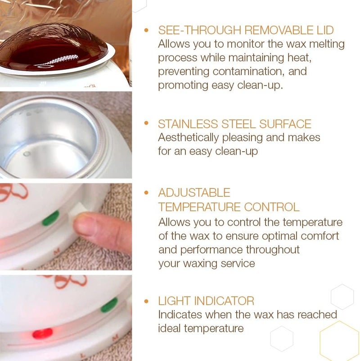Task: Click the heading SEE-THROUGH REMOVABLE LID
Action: tap(246, 31)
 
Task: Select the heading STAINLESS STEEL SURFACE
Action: tap(234, 124)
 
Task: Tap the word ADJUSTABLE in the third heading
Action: tap(194, 193)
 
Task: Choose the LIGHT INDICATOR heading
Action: tap(206, 301)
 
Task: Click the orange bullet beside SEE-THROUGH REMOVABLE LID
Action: tap(146, 31)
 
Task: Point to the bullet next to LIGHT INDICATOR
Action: tap(146, 301)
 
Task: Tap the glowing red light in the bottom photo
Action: tap(42, 333)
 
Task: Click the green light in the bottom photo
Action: tap(109, 305)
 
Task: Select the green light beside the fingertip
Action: tap(50, 218)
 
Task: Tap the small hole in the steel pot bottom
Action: tap(27, 154)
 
